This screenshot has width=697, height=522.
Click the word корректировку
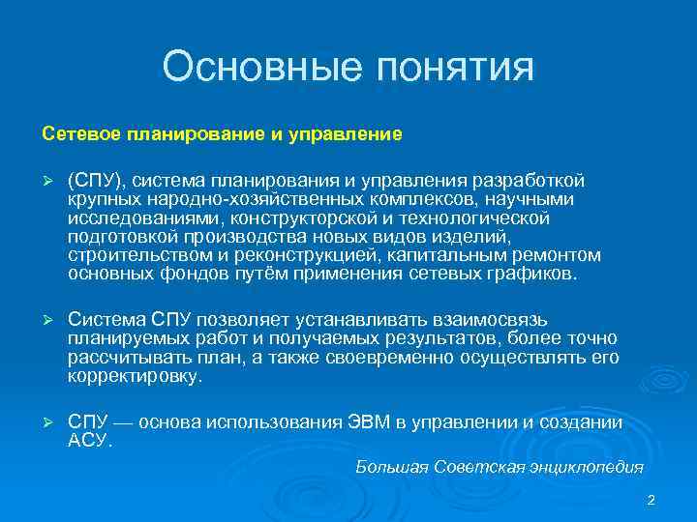[136, 376]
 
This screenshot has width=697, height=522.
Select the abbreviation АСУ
[89, 441]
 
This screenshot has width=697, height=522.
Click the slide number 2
[651, 500]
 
